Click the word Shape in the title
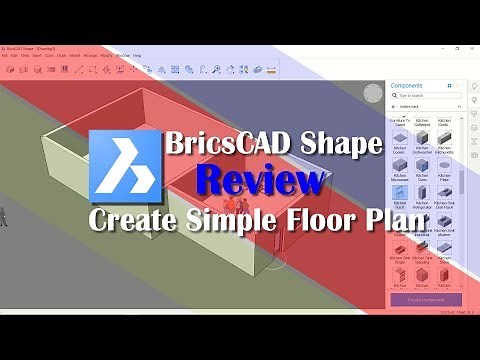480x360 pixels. tap(338, 145)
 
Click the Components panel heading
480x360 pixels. tap(407, 87)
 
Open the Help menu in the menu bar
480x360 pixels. tap(137, 55)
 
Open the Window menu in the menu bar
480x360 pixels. tap(122, 55)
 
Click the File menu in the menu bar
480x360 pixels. tap(5, 55)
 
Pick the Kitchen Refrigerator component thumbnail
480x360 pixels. tap(422, 203)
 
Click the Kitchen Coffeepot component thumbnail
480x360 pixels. tap(422, 120)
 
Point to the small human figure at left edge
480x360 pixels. tap(4, 213)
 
